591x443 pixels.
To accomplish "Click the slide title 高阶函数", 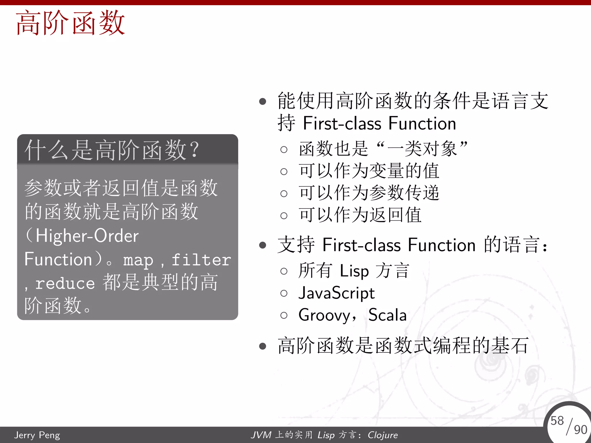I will [70, 23].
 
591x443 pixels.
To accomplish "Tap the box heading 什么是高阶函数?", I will [112, 150].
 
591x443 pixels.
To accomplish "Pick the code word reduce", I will [65, 283].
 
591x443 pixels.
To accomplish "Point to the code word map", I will [138, 260].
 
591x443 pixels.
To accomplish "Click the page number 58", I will [557, 421].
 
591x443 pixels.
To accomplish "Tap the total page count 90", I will [580, 430].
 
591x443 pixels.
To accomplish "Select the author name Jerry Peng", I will [37, 435].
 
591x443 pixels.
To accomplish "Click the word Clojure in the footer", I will [383, 435].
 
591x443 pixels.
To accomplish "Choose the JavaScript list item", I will [336, 293].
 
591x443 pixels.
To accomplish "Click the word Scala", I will [388, 315].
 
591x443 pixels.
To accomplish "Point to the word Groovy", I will [324, 315].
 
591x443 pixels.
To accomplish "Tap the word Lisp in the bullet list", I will [354, 271].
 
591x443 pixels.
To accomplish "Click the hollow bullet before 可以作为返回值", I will [284, 216].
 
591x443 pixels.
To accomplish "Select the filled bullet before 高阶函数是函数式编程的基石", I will [263, 346].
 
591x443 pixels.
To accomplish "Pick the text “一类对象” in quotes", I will [422, 149].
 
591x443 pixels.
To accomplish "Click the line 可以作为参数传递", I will [369, 193].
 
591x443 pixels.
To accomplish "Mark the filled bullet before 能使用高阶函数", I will [263, 102].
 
